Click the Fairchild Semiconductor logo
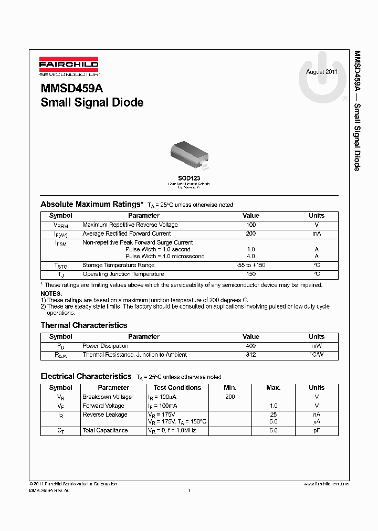coord(69,67)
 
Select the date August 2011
coord(322,72)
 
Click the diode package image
coord(189,153)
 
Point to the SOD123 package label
coord(189,178)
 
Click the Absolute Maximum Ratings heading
coord(92,204)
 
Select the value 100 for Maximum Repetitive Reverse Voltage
coord(251,225)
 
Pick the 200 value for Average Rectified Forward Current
coord(251,233)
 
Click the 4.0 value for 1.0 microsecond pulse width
coord(251,257)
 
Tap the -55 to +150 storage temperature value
coord(251,265)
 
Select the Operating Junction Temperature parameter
coord(123,274)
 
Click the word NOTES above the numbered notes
coord(51,294)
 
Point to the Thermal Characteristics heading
coord(84,325)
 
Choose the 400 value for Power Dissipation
coord(251,346)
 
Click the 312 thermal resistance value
coord(251,355)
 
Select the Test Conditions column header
coord(177,388)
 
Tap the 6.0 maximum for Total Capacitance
coord(274,430)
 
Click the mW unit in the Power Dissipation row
coord(317,346)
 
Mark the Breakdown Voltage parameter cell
coord(107,397)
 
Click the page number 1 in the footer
coord(188,491)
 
